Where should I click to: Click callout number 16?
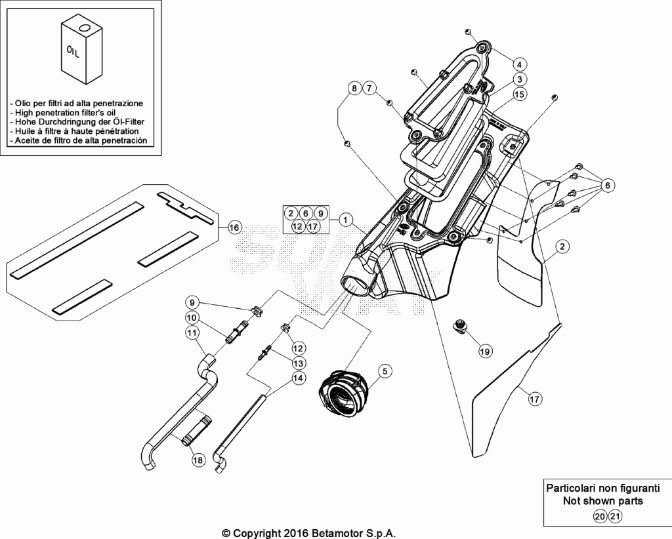tap(234, 228)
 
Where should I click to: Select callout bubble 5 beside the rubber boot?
tap(385, 370)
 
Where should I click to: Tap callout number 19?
tap(485, 351)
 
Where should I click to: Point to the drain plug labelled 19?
tap(461, 327)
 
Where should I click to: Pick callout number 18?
tap(198, 460)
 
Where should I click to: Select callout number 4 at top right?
tap(520, 65)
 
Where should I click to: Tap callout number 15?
tap(520, 94)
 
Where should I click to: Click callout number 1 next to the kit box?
tap(345, 220)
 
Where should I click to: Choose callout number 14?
tap(299, 378)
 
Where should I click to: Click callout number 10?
tap(192, 317)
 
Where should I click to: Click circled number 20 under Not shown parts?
tap(600, 516)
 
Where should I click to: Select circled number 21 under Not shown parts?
tap(615, 516)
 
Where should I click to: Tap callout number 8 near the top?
tap(354, 89)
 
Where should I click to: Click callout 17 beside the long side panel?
tap(534, 399)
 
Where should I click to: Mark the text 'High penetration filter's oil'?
tap(65, 113)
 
